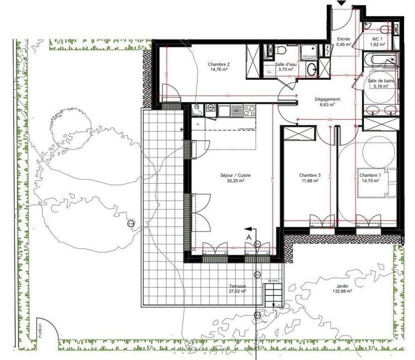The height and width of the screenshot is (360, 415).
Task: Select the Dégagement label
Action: [327, 99]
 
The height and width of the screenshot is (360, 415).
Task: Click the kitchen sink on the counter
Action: [224, 111]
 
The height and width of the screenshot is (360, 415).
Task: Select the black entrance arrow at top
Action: [341, 3]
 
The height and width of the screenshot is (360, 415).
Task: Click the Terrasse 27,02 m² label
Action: [237, 288]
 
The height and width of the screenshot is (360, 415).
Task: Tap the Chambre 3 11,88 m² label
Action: [309, 178]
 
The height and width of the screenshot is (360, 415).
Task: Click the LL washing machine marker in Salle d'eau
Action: [269, 72]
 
